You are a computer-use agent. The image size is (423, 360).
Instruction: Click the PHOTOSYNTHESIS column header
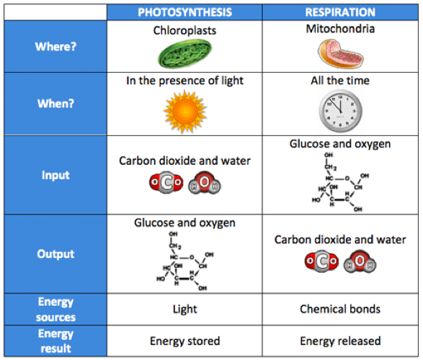[184, 12]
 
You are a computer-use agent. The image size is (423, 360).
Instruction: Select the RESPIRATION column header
[340, 12]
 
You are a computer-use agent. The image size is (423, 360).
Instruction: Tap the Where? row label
[55, 47]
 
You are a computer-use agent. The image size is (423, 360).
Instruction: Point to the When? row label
[55, 104]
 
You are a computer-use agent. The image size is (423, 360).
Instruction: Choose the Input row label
[55, 175]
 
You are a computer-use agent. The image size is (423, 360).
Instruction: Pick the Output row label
[55, 254]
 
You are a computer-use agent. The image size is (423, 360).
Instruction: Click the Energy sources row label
[55, 310]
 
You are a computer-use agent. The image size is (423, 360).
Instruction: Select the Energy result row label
[55, 341]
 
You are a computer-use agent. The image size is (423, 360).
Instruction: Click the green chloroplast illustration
[184, 53]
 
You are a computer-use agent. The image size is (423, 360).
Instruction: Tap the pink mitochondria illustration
[340, 53]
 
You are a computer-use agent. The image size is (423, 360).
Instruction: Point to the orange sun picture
[185, 112]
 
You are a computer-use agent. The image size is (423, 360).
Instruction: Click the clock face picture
[340, 111]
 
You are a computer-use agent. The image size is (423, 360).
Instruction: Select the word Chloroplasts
[184, 30]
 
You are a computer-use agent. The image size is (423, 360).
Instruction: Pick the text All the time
[340, 81]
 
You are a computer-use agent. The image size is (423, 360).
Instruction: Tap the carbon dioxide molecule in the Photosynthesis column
[166, 183]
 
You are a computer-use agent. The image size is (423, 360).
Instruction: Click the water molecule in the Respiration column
[360, 261]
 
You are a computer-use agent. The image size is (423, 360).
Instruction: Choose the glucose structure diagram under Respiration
[340, 182]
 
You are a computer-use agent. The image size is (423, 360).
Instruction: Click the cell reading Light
[184, 309]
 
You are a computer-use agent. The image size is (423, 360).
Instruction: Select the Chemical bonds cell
[340, 309]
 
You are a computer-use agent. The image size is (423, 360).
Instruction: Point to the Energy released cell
[340, 341]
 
